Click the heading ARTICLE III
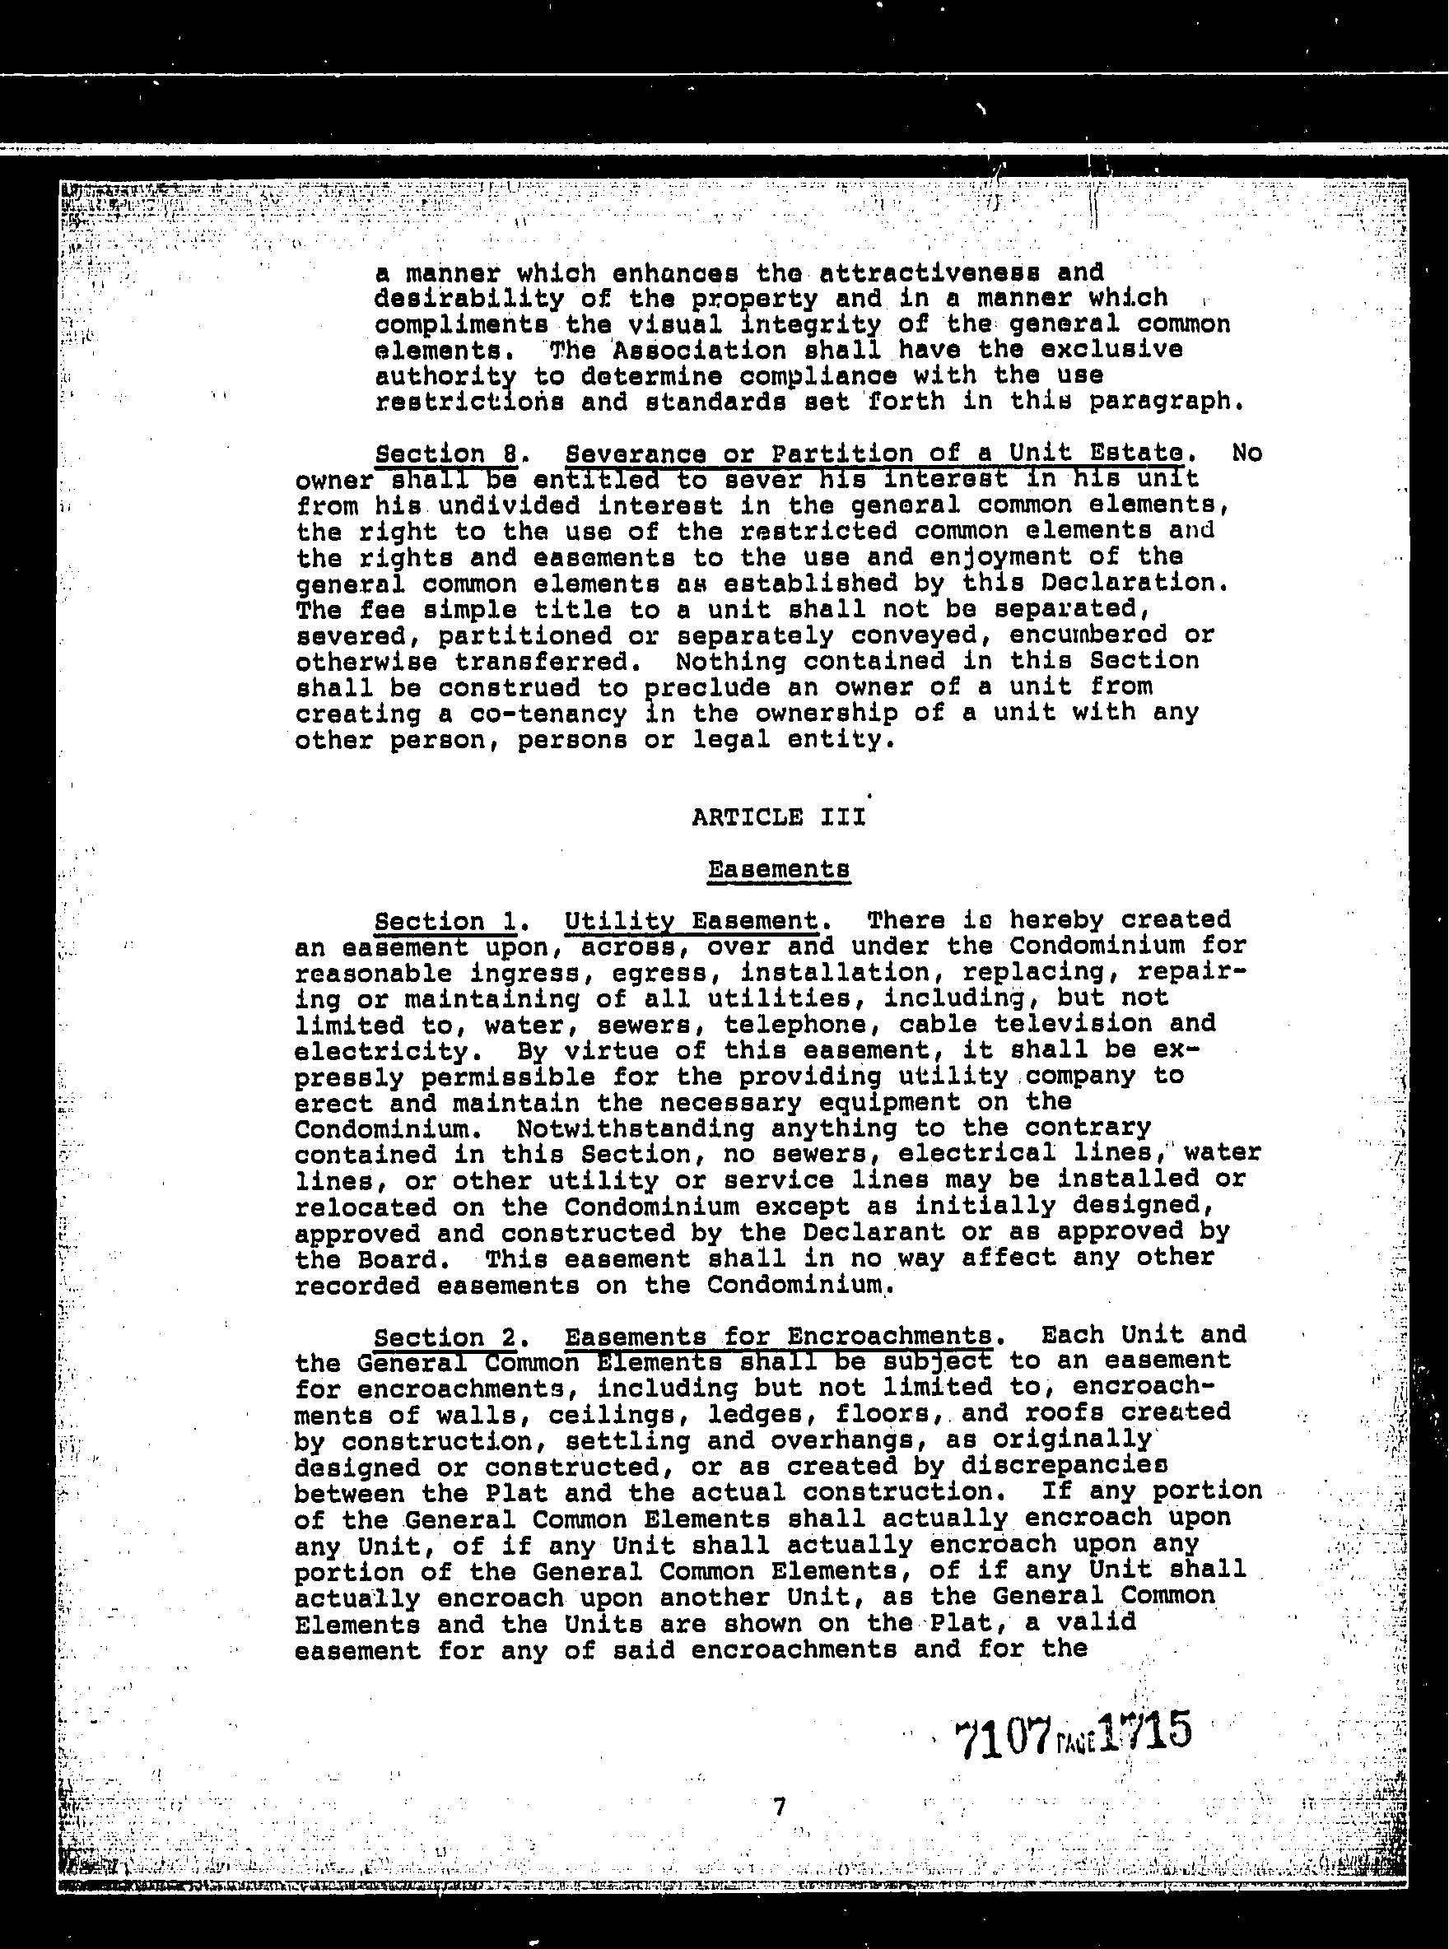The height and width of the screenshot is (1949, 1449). pyautogui.click(x=778, y=817)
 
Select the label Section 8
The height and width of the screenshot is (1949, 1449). pyautogui.click(x=445, y=454)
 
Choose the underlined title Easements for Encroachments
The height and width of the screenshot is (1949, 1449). pyautogui.click(x=778, y=1336)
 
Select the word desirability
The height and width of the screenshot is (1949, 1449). pyautogui.click(x=469, y=299)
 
